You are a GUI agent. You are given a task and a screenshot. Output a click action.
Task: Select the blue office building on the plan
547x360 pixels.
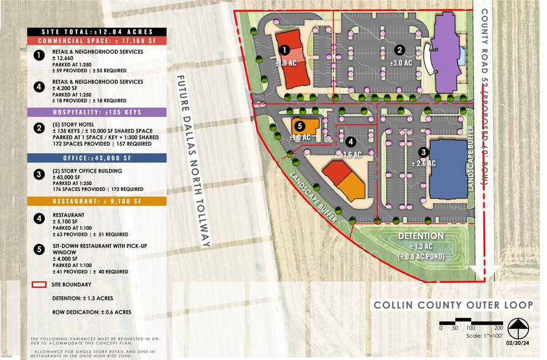tap(448, 168)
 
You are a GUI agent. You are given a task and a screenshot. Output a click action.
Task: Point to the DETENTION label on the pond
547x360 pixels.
tap(421, 236)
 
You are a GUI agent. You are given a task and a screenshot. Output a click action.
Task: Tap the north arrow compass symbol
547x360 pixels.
tap(518, 329)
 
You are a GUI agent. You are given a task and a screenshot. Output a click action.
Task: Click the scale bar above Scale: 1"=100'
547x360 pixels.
tap(471, 321)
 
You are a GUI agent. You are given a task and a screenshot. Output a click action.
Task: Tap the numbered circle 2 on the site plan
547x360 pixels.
tap(399, 50)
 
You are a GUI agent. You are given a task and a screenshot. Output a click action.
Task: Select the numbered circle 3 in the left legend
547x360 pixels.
tap(39, 174)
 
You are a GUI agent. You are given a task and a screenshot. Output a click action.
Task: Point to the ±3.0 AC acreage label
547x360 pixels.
tap(400, 62)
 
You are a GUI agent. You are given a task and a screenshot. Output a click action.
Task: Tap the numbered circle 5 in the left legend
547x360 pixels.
tap(39, 250)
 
